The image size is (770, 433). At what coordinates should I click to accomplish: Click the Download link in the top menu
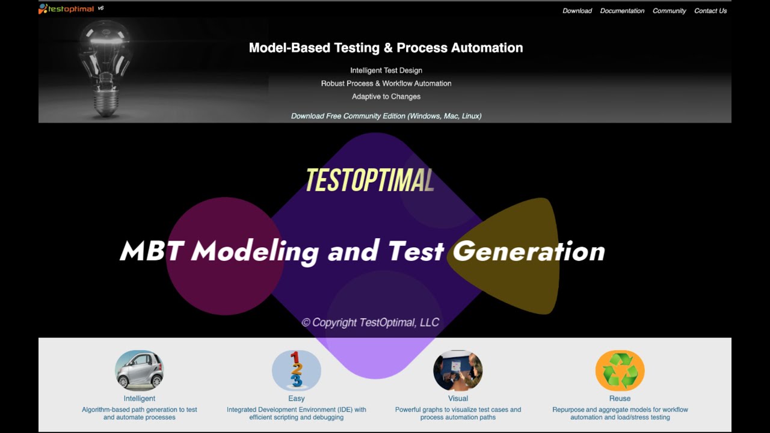[577, 11]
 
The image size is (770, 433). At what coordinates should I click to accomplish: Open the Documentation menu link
[622, 11]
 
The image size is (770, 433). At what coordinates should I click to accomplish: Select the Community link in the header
[669, 11]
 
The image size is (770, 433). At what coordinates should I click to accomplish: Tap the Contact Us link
[710, 11]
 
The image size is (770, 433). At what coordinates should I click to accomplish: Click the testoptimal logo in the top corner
[67, 9]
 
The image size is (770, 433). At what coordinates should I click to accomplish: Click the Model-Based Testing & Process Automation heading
[386, 48]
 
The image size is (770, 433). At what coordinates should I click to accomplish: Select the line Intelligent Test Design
[386, 70]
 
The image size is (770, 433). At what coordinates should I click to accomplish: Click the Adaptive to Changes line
[386, 96]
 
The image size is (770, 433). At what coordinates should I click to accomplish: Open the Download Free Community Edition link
[386, 116]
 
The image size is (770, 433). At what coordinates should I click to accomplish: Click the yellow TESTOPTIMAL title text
[369, 180]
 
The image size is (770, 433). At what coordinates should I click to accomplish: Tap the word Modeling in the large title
[254, 251]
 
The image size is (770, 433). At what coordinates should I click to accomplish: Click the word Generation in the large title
[528, 251]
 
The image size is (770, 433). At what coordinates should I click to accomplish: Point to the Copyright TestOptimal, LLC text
[371, 322]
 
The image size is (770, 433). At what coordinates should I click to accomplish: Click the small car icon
[139, 370]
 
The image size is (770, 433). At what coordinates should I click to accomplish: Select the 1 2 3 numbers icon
[296, 370]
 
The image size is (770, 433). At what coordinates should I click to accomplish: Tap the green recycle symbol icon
[620, 370]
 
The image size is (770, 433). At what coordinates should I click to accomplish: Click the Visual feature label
[458, 398]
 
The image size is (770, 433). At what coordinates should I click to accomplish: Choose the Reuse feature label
[620, 398]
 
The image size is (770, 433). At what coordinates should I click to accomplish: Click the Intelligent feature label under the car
[139, 398]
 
